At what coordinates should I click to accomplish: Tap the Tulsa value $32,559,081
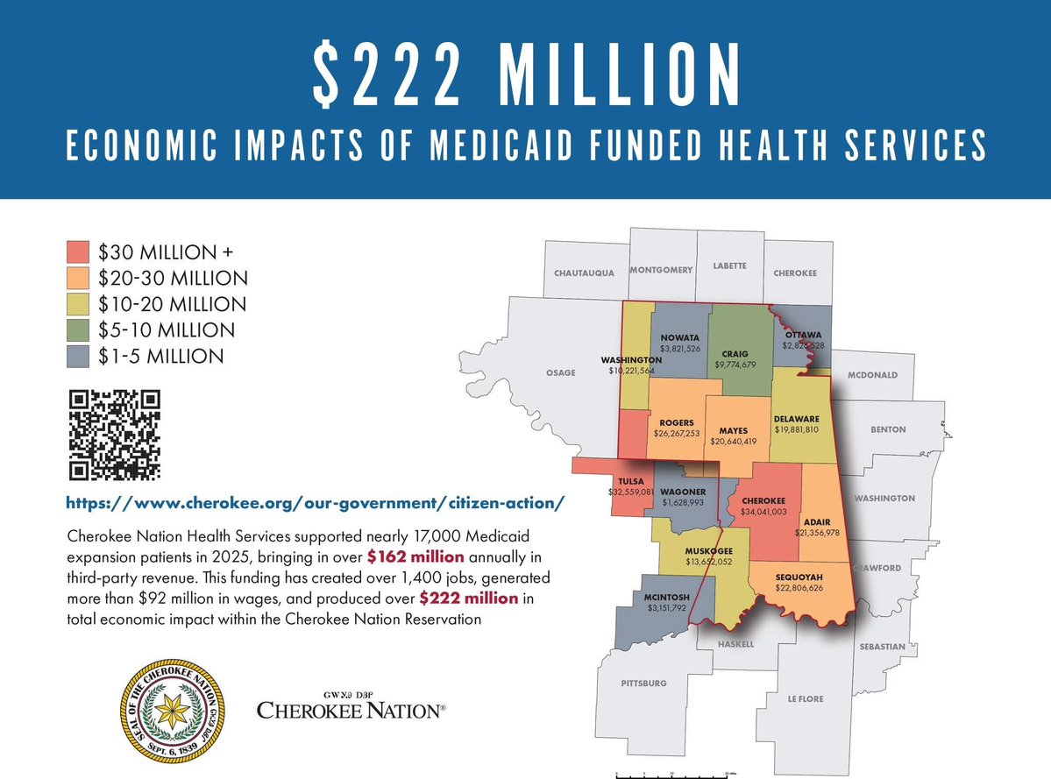click(x=631, y=492)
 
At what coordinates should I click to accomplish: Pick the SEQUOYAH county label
click(x=793, y=577)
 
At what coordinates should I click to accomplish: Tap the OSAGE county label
click(x=561, y=372)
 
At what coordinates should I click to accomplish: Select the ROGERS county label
click(x=677, y=422)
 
